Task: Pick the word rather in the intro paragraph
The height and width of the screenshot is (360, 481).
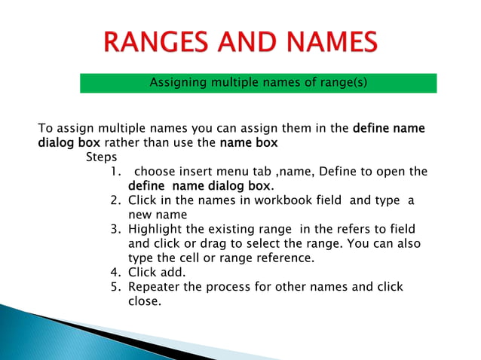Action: coord(121,142)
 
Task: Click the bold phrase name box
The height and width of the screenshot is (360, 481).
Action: coord(249,142)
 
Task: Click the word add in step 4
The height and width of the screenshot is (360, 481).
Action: coord(171,273)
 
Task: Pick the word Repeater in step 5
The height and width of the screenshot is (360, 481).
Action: coord(155,288)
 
